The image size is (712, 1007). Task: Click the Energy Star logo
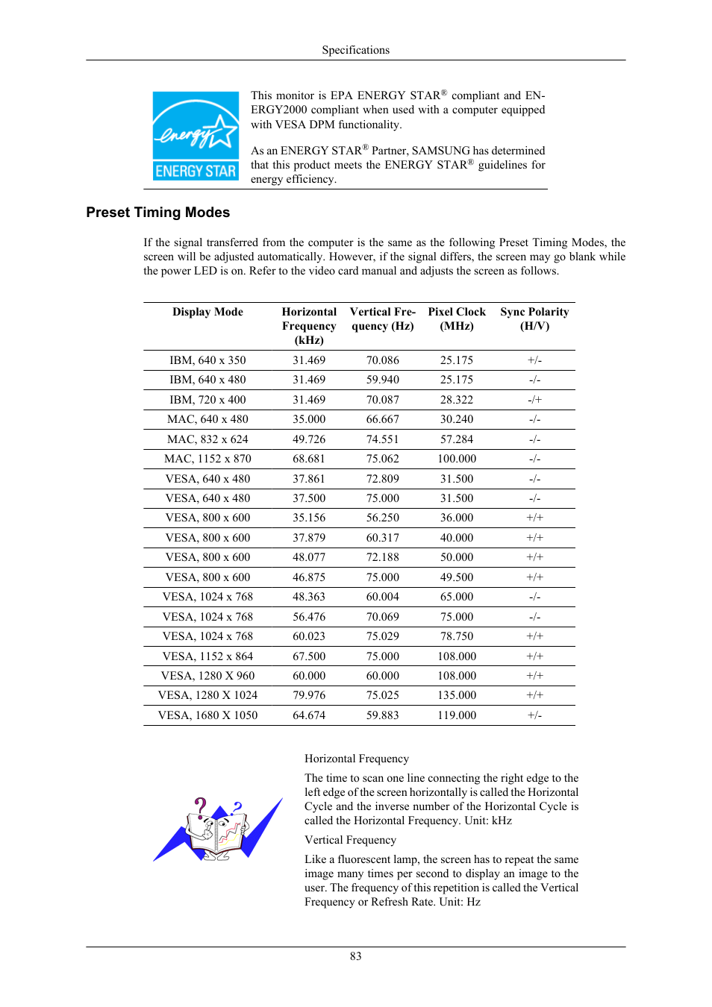196,136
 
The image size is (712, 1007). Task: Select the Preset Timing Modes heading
157,213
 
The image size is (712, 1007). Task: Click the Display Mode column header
207,312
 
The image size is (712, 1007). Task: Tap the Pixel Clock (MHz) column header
456,319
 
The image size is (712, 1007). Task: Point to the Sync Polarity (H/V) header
534,319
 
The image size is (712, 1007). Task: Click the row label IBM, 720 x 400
207,400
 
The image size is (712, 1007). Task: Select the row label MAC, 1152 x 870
207,459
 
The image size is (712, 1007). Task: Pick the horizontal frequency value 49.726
309,439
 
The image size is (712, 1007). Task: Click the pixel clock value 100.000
456,459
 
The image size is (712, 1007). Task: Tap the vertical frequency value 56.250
382,518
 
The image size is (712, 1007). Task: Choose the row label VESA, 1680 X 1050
207,715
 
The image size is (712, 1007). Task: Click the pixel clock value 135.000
456,695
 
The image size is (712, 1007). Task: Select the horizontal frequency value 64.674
309,715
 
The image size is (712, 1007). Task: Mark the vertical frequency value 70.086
382,360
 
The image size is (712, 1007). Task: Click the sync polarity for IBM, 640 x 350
534,360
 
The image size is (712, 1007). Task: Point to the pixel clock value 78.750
456,636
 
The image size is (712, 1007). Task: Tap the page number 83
355,956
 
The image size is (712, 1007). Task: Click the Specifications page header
355,50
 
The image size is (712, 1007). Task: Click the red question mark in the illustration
200,806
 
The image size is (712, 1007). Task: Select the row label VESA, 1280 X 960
207,676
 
